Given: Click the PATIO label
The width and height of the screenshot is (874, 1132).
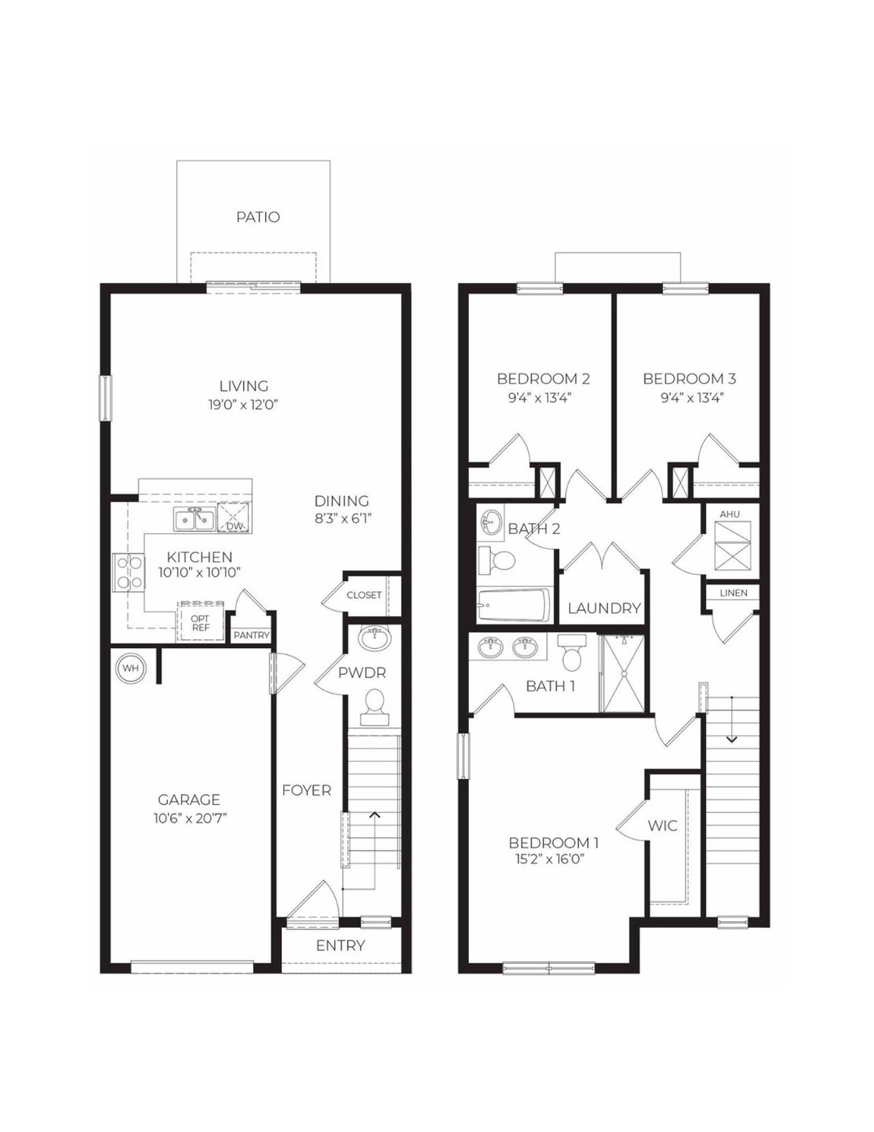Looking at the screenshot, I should [x=258, y=217].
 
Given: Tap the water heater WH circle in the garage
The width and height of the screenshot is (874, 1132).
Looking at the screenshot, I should [x=130, y=668].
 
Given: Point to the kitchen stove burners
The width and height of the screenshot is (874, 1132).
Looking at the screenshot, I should [x=128, y=572].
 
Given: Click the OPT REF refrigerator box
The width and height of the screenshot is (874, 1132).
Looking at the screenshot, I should [x=201, y=623].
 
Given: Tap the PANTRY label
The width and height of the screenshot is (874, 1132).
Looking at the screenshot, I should [x=251, y=636].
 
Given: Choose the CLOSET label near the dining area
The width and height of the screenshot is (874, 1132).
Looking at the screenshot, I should [x=364, y=595].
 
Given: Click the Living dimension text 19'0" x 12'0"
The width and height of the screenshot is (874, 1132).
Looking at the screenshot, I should [x=244, y=405].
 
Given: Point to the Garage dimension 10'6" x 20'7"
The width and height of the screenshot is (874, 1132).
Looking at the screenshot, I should [x=189, y=818].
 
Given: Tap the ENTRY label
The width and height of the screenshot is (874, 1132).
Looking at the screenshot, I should [x=340, y=946].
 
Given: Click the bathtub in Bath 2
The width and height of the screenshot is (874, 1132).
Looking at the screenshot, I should [x=513, y=606].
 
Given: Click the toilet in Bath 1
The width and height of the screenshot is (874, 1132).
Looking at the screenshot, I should [x=572, y=653].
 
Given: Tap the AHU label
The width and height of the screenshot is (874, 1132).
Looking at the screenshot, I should [x=729, y=514].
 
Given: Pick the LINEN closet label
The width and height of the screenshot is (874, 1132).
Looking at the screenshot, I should [x=733, y=593].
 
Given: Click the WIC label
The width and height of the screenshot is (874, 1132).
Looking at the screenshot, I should [x=662, y=825].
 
